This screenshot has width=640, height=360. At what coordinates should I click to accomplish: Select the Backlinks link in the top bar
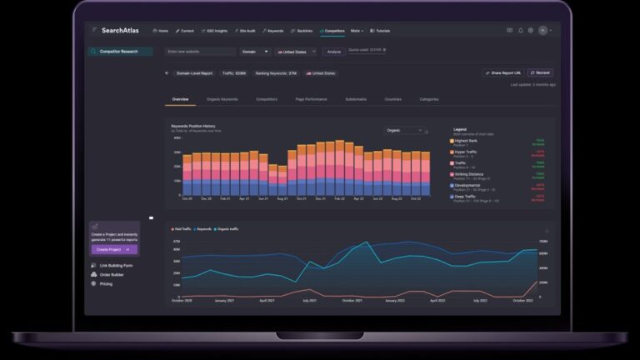(x=302, y=31)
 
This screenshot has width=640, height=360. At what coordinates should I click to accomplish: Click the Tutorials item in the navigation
(x=382, y=31)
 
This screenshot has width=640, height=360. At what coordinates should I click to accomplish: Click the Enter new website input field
(x=200, y=52)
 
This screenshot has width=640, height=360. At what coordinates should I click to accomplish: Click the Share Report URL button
(x=503, y=73)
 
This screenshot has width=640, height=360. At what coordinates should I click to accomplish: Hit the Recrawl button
(x=540, y=73)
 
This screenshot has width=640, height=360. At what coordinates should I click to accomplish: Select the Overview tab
(x=181, y=99)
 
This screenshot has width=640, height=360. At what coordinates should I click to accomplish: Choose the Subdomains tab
(x=355, y=99)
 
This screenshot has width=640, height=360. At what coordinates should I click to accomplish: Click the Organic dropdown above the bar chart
(x=405, y=130)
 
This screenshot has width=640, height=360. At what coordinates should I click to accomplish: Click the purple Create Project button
(x=115, y=249)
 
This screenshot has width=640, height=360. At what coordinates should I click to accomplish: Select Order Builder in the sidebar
(x=112, y=274)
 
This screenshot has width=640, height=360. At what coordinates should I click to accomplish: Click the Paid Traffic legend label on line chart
(x=183, y=228)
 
